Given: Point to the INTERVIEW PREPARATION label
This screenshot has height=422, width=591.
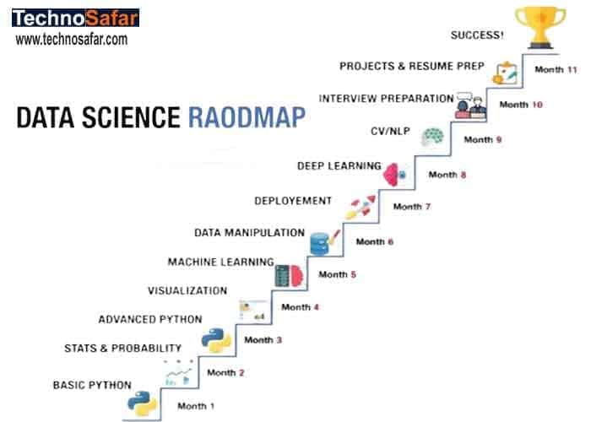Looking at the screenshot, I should click(x=386, y=98).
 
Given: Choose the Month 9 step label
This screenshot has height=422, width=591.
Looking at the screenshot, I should click(x=483, y=139).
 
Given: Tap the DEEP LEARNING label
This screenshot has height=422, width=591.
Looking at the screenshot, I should click(x=339, y=166).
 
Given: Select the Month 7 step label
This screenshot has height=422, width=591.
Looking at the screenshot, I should click(x=408, y=207).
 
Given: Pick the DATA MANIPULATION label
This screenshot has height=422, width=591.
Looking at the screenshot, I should click(x=249, y=232).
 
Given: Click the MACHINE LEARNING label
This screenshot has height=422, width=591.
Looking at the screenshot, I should click(x=220, y=262).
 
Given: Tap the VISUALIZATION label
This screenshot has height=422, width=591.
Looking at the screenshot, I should click(x=187, y=290).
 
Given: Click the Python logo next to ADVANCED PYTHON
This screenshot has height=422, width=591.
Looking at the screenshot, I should click(x=216, y=340).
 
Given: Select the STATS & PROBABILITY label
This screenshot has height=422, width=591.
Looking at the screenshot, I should click(x=123, y=348).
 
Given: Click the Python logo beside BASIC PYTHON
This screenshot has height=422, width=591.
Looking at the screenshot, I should click(x=141, y=403).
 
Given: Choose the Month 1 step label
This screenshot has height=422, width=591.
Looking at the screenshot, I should click(x=196, y=406).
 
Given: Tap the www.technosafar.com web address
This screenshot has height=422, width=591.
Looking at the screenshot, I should click(x=72, y=39).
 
